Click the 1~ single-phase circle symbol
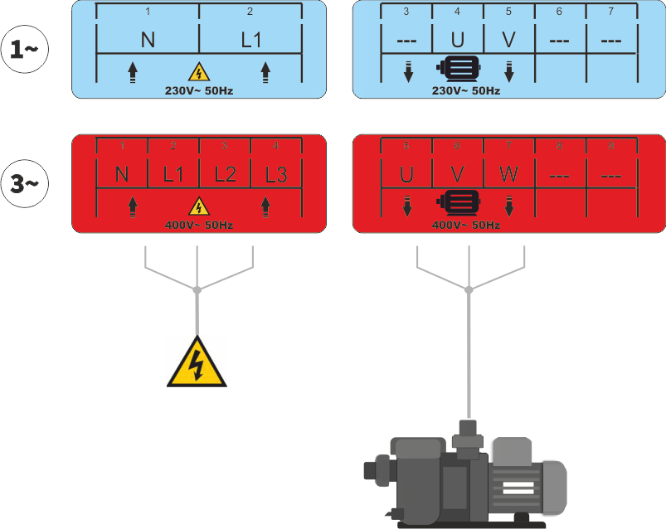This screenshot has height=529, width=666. tap(26, 49)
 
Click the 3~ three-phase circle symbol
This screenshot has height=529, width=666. tap(26, 183)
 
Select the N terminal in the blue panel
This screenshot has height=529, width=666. tap(148, 40)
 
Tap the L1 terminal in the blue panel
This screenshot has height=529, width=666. tap(251, 40)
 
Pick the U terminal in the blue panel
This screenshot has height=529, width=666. tap(457, 40)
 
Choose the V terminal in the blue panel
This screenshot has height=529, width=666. tap(508, 40)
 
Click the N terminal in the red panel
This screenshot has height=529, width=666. tap(122, 175)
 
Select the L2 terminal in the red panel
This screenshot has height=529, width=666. tap(225, 175)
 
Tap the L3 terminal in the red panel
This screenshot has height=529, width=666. tap(275, 175)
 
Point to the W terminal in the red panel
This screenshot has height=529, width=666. tap(508, 175)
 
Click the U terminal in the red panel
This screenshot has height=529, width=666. tap(406, 175)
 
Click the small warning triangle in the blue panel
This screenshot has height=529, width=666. tap(199, 72)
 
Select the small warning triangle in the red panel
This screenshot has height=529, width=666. tap(199, 206)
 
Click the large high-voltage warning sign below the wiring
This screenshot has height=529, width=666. tap(197, 365)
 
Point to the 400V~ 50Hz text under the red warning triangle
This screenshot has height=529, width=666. tap(199, 225)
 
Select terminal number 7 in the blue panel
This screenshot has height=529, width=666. tap(611, 12)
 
